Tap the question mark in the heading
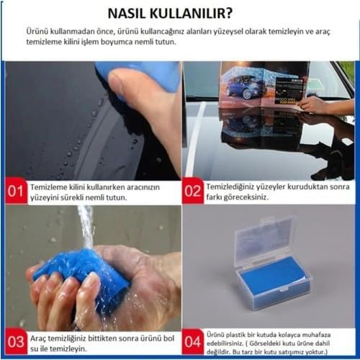coord(229,14)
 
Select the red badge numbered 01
coord(16,192)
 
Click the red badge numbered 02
coord(192,191)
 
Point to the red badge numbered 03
coord(16,342)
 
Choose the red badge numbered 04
coord(192,342)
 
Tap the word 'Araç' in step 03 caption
coord(38,338)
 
